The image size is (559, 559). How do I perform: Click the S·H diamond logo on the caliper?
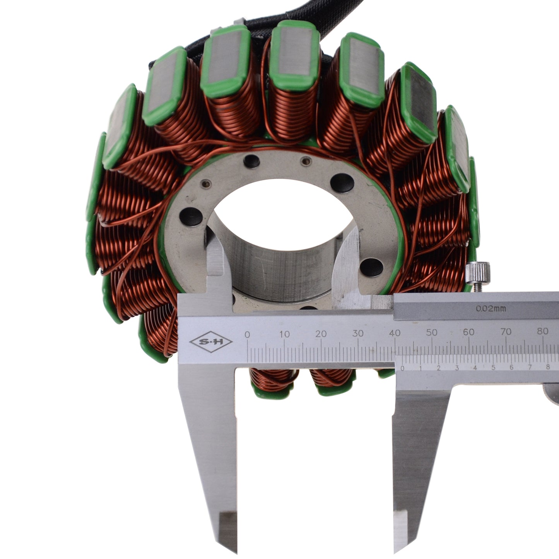(211, 342)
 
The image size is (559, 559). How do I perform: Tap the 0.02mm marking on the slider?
(491, 309)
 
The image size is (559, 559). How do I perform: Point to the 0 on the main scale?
(247, 335)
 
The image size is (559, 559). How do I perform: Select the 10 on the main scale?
(285, 334)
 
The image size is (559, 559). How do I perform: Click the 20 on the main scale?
(321, 334)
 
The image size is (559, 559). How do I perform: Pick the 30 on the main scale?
(358, 333)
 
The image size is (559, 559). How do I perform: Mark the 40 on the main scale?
(395, 333)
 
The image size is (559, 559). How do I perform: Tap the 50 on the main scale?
(432, 332)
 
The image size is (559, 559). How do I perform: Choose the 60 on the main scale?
(469, 332)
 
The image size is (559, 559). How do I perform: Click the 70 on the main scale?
(506, 331)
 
